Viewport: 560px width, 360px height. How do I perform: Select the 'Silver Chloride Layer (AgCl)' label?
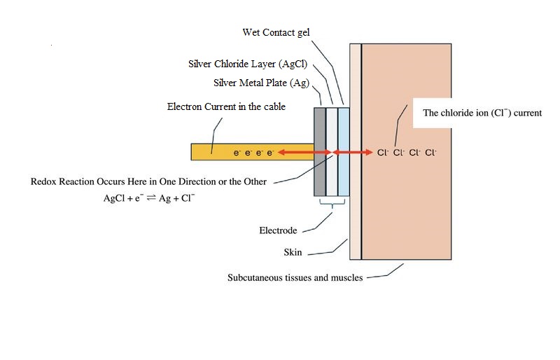pyautogui.click(x=248, y=64)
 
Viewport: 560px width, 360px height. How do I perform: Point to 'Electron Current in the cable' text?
pyautogui.click(x=226, y=106)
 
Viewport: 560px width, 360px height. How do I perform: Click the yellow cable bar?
pyautogui.click(x=210, y=151)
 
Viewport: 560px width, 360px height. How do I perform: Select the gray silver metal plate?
pyautogui.click(x=320, y=175)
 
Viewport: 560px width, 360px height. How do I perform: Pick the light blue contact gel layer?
pyautogui.click(x=343, y=175)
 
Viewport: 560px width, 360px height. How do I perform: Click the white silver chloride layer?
pyautogui.click(x=332, y=175)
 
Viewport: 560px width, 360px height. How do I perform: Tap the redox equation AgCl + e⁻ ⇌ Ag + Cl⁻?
pyautogui.click(x=149, y=198)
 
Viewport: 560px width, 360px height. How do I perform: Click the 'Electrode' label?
pyautogui.click(x=278, y=230)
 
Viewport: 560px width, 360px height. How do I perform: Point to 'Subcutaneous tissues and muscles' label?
pyautogui.click(x=295, y=277)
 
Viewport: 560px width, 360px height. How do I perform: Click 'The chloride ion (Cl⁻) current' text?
pyautogui.click(x=482, y=113)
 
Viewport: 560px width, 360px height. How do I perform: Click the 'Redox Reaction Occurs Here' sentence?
pyautogui.click(x=148, y=181)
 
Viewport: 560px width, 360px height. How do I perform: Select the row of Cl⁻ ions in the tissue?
pyautogui.click(x=406, y=152)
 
